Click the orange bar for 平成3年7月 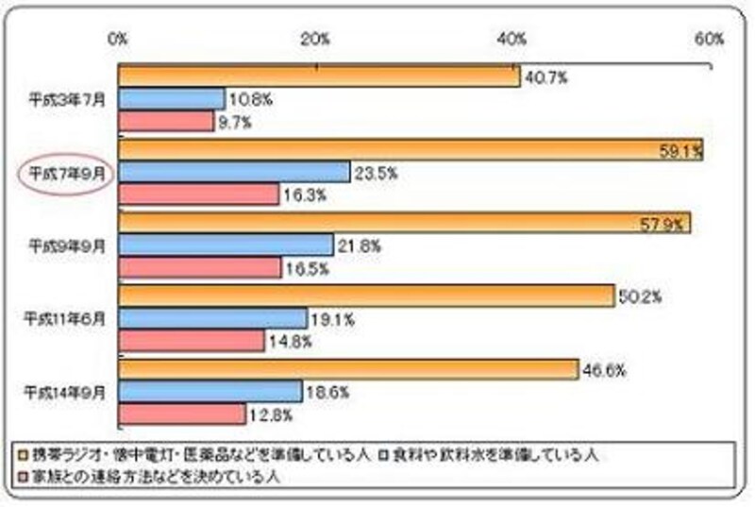click(318, 76)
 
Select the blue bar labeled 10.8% click(171, 98)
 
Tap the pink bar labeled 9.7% click(166, 121)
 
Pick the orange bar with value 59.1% click(411, 148)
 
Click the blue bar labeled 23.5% click(234, 171)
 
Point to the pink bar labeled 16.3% click(198, 194)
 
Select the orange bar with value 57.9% click(404, 222)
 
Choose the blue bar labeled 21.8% click(226, 245)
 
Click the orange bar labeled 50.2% click(366, 296)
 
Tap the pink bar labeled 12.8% click(181, 414)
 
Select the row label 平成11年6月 click(65, 318)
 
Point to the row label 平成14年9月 click(65, 391)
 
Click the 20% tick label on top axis click(314, 40)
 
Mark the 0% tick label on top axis click(118, 40)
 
